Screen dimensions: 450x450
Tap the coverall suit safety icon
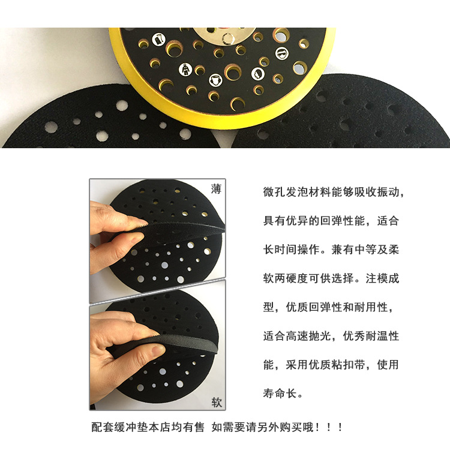point(185,68)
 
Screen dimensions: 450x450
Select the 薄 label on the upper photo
point(216,189)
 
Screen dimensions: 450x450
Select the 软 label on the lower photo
point(216,401)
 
